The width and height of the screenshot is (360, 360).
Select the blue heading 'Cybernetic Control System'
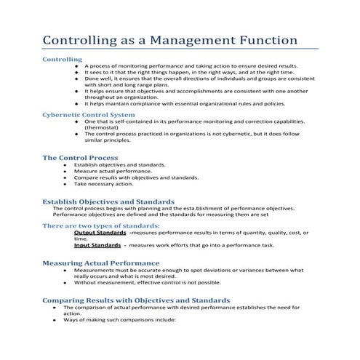point(88,114)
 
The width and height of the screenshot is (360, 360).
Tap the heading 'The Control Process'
point(80,157)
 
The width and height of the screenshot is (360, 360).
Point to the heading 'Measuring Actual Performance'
point(100,262)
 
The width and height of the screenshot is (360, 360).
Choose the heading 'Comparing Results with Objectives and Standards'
point(136,300)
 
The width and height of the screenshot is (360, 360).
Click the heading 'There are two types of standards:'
point(100,226)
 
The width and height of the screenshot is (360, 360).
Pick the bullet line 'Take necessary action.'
point(103,184)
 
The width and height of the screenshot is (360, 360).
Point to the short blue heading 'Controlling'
point(62,59)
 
